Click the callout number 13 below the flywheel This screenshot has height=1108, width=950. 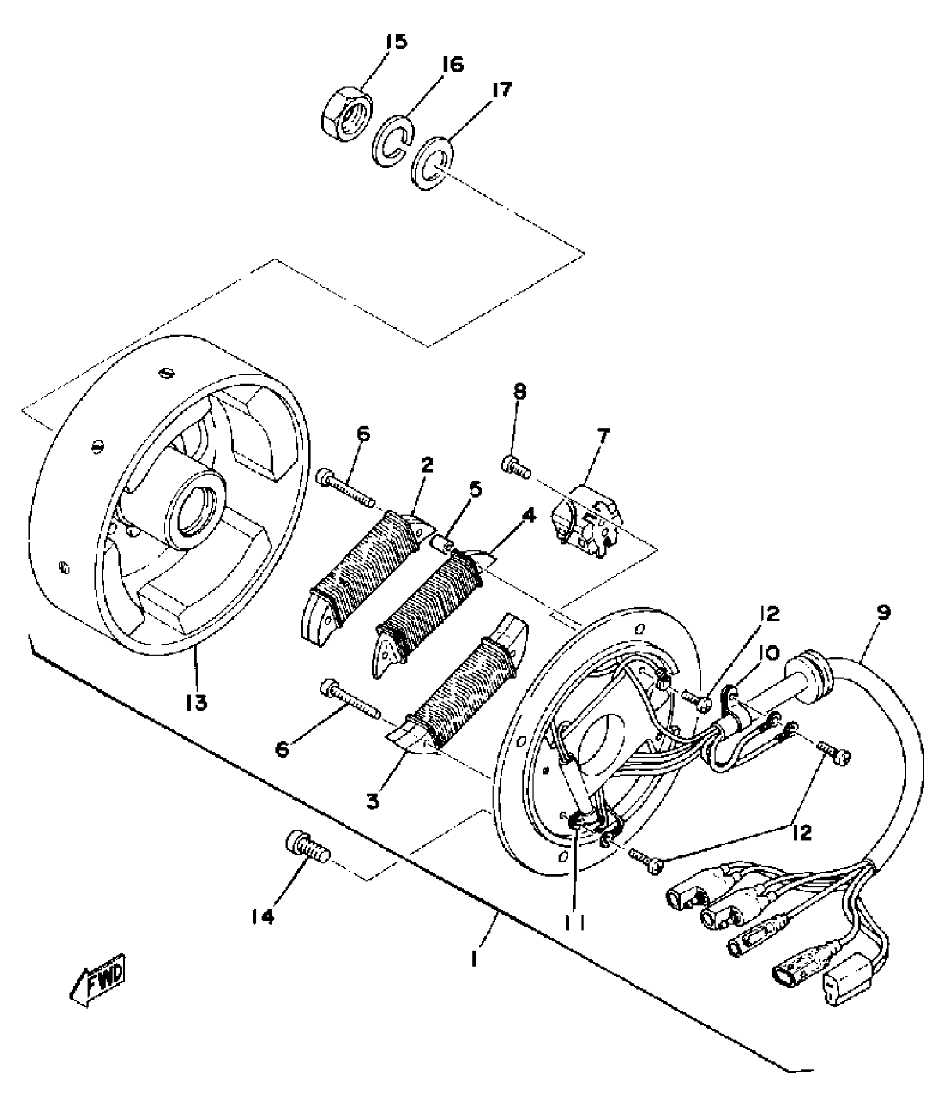tap(197, 702)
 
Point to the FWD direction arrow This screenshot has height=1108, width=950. tap(98, 981)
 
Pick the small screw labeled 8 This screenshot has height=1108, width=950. tap(514, 464)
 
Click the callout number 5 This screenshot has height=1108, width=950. tap(475, 489)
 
